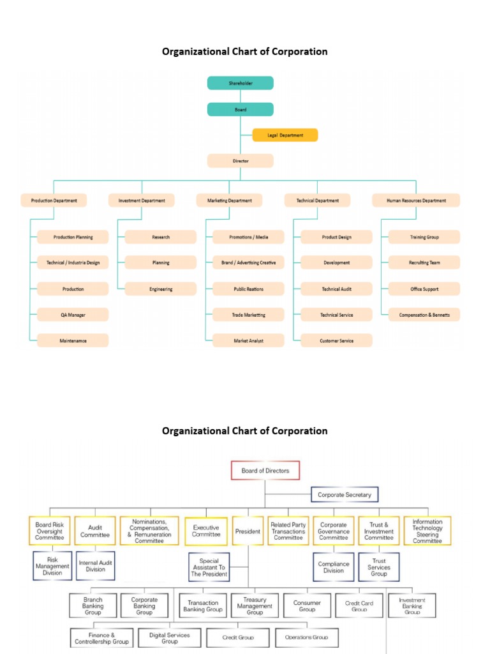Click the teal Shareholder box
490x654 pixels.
(x=241, y=83)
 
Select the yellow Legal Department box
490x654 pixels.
(x=285, y=135)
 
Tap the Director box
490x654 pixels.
(x=241, y=161)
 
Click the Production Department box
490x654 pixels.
(x=54, y=201)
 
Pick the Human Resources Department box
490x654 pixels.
(x=416, y=201)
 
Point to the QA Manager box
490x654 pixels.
(x=73, y=315)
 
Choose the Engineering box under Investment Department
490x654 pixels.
(x=161, y=289)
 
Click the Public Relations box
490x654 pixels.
(x=249, y=289)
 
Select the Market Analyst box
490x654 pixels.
(x=249, y=341)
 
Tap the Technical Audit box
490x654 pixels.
(x=336, y=289)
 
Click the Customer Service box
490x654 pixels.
(x=336, y=341)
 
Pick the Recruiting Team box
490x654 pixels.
(x=424, y=262)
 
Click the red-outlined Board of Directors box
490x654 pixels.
(x=265, y=471)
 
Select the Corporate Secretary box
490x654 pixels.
(x=345, y=495)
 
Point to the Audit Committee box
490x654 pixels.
(x=95, y=531)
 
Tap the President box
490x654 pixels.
(x=248, y=531)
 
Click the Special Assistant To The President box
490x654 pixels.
(x=209, y=568)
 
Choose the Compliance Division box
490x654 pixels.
(x=334, y=568)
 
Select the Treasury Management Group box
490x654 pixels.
(x=255, y=606)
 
